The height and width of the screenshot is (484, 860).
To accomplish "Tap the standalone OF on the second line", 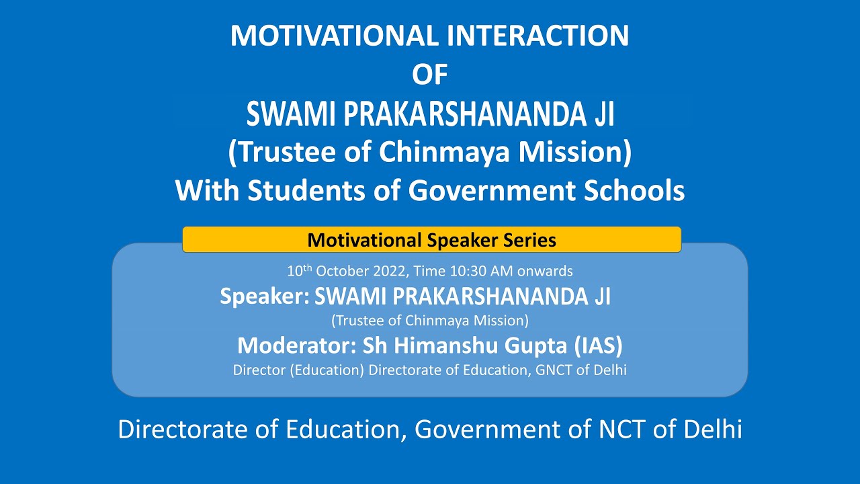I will pos(429,75).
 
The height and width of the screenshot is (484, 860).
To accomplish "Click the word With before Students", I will pos(208,191).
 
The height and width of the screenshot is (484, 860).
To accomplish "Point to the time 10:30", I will pos(463,272).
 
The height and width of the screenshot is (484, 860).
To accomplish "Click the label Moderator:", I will pos(296,346).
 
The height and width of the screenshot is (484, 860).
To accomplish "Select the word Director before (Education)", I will pos(259,370).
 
